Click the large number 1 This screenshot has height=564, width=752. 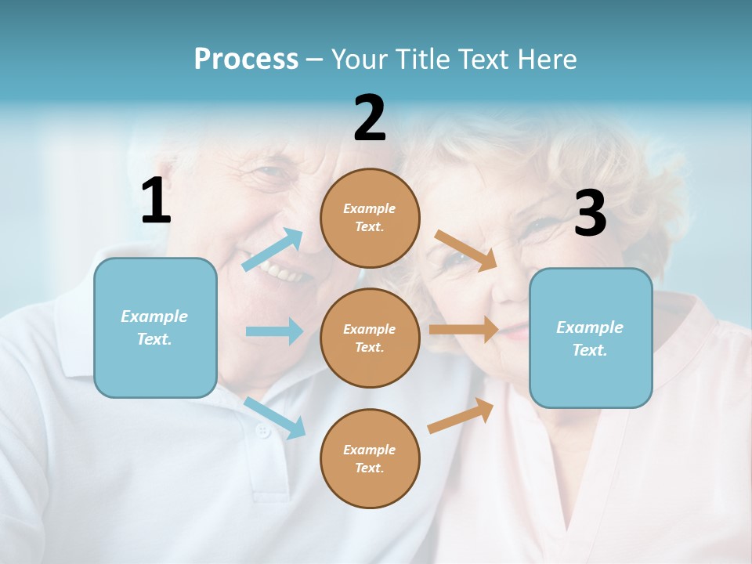click(x=156, y=201)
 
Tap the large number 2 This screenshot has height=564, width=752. click(x=370, y=118)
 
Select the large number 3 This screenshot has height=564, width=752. click(x=590, y=214)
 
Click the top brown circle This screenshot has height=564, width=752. click(x=370, y=218)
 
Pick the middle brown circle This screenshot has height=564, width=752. click(x=370, y=338)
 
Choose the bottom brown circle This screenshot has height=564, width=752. click(x=370, y=458)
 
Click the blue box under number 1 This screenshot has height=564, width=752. click(x=155, y=327)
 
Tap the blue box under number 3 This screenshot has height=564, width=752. click(x=591, y=338)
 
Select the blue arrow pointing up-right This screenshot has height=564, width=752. click(x=273, y=250)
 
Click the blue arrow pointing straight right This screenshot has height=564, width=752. click(x=274, y=331)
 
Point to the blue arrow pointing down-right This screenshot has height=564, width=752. click(x=275, y=418)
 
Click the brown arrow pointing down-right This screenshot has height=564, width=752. click(x=466, y=250)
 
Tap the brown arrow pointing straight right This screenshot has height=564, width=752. click(x=463, y=330)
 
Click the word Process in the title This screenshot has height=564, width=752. click(x=246, y=59)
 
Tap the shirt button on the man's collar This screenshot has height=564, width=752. click(x=263, y=431)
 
